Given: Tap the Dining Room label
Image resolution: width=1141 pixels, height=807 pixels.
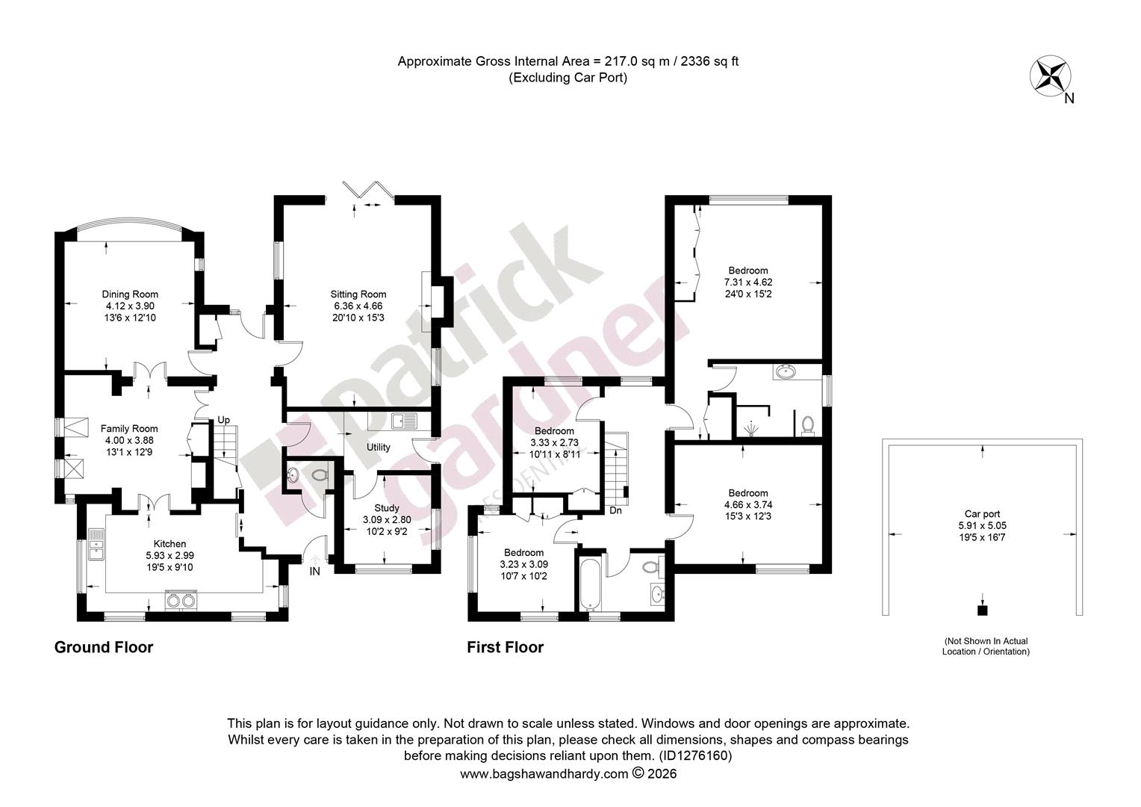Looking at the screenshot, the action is [130, 294].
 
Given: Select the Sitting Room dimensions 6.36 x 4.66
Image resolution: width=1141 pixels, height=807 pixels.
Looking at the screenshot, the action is [358, 306].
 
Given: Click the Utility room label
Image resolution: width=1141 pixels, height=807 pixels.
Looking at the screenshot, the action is [379, 447].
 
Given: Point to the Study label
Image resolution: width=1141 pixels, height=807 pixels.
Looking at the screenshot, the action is [387, 508].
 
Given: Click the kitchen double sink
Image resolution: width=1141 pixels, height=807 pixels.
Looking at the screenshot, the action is [96, 544].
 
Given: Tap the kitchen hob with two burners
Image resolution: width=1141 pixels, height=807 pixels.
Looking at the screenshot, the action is [181, 601].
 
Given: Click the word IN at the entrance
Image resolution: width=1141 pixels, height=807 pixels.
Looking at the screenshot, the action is [315, 572].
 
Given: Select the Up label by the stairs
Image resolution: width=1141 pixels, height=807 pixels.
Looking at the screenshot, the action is [223, 420].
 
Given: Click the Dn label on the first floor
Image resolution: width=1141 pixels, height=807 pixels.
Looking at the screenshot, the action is [615, 510].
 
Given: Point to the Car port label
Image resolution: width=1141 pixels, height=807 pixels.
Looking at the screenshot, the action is [982, 514].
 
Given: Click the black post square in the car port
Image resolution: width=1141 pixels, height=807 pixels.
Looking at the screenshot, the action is [982, 610].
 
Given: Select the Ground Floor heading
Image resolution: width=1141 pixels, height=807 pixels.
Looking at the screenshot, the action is [104, 647].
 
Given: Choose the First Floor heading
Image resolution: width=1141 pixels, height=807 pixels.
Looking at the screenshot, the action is [506, 647].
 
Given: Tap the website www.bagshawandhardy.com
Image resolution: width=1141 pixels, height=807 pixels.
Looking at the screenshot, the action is [544, 774].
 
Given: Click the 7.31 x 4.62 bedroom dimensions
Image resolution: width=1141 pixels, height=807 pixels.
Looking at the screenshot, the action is [748, 282].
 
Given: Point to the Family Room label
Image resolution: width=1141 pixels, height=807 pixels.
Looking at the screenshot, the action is [129, 429].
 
